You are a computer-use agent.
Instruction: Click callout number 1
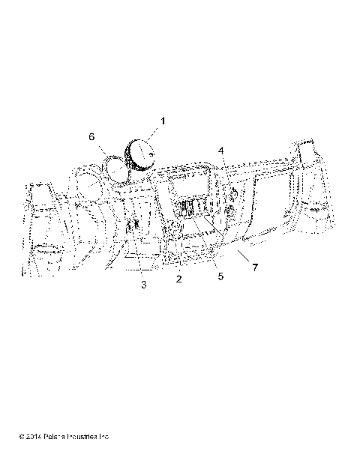pos(163,121)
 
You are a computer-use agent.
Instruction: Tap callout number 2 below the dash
pos(179,279)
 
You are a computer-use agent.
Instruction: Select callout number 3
pos(145,285)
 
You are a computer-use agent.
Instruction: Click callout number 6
pos(91,136)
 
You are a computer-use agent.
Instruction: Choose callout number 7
pos(255,267)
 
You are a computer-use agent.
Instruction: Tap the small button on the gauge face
pos(150,154)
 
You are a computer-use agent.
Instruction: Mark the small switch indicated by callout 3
pos(136,225)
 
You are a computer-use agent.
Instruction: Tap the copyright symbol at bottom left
pos(23,435)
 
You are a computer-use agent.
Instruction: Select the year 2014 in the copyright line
pos(37,435)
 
